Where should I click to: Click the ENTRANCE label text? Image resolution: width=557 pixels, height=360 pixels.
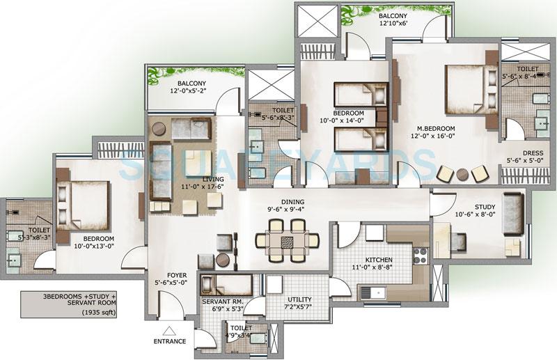coord(171,341)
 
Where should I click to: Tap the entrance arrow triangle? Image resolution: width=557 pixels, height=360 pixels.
coord(168,331)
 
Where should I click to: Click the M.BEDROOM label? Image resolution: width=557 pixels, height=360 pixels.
coord(436,129)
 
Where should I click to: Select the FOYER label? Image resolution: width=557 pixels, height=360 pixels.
coord(167,274)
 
